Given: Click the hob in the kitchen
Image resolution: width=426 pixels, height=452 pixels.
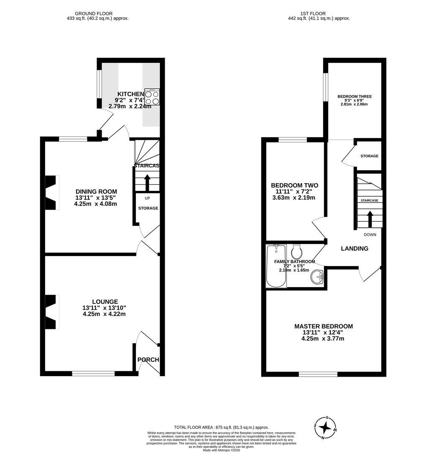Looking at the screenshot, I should point(152,97).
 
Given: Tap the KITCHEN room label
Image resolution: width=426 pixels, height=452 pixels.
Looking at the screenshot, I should point(130,94).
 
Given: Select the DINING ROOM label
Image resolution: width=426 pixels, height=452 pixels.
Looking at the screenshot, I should point(95,192).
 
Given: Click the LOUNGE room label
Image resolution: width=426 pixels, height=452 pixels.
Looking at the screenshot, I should point(105,302).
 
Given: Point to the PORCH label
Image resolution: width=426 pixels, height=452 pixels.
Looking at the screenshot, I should point(148,360).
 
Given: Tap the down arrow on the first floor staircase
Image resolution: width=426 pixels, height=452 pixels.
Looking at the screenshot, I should point(370,218).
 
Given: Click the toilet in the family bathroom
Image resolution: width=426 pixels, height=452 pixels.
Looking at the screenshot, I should point(297,252).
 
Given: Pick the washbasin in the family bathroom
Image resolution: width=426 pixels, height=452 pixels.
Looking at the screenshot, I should point(319,277).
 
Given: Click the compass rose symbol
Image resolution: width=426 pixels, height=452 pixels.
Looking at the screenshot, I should point(325,427).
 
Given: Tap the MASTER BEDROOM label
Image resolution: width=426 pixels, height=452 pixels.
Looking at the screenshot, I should point(323,326).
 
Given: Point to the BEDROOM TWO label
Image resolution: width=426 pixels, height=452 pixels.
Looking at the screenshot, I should point(294,185).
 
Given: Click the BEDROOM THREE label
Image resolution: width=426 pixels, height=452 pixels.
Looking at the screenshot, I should point(355,97).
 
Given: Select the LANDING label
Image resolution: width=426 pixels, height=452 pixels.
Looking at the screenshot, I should point(355,249).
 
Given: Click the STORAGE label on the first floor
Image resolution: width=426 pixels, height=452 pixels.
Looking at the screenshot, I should point(369,156).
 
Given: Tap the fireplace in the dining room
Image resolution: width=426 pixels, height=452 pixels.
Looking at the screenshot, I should point(51,192).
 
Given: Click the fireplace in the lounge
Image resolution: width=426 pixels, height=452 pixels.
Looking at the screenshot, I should point(51,312).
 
